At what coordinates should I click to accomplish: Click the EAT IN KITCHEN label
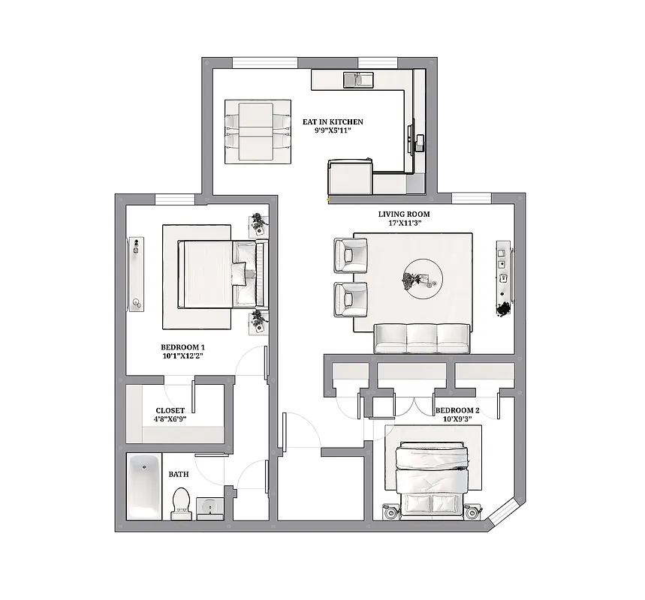click(333, 121)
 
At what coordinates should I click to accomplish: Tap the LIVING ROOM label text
click(404, 214)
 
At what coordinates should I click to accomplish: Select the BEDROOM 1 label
click(182, 347)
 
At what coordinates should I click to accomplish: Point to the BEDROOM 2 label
click(457, 410)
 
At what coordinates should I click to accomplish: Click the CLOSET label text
click(170, 411)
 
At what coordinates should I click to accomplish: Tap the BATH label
click(178, 474)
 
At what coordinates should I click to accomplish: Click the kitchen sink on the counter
click(357, 78)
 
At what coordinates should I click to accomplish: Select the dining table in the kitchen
click(257, 131)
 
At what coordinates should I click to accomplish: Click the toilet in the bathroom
click(181, 502)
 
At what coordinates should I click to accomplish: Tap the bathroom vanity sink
click(209, 508)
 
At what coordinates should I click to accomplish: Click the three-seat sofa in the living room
click(422, 338)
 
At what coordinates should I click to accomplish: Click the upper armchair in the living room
click(349, 255)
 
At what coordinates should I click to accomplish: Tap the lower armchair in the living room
click(349, 300)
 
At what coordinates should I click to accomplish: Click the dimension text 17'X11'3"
click(404, 222)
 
